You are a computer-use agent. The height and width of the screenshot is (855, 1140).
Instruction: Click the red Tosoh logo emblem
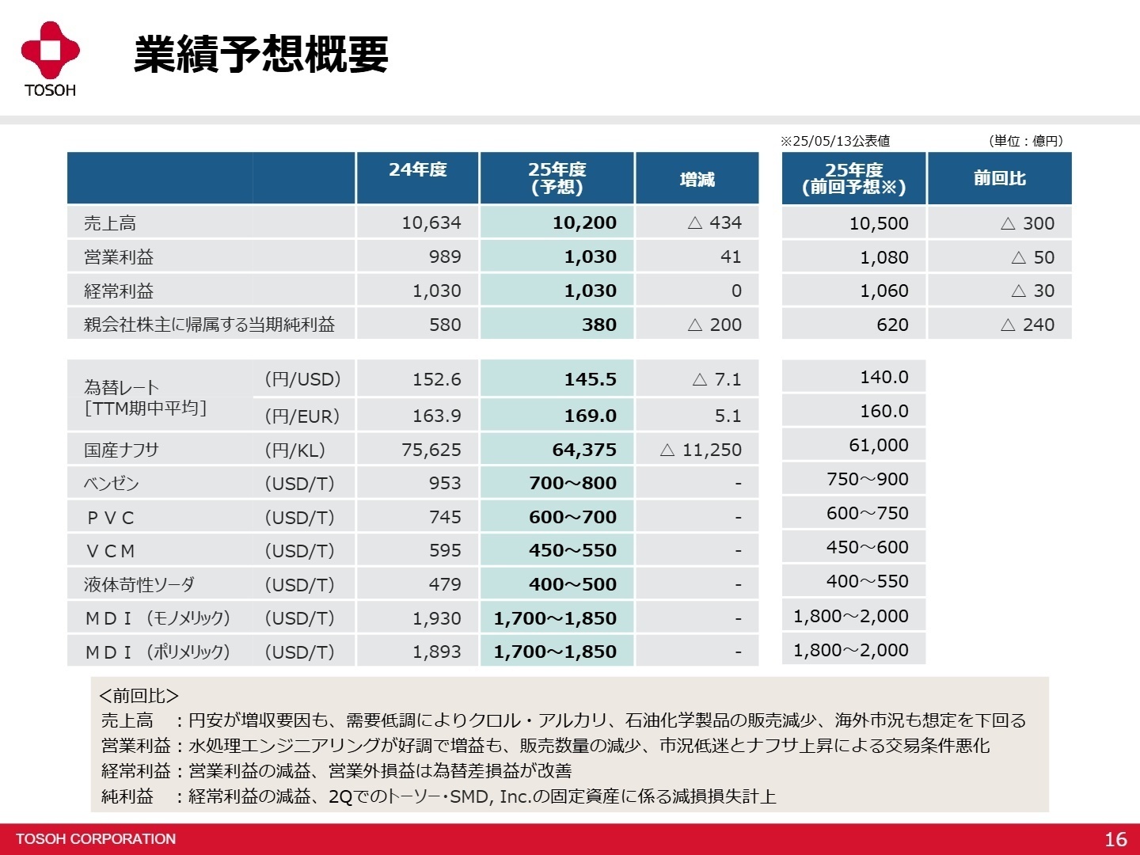pyautogui.click(x=50, y=51)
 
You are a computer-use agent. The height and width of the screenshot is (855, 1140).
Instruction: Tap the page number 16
pyautogui.click(x=1115, y=839)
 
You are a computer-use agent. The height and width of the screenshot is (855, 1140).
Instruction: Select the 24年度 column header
pyautogui.click(x=417, y=170)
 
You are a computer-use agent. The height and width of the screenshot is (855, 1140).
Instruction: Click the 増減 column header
pyautogui.click(x=697, y=180)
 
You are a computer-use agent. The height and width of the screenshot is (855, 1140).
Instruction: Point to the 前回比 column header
pyautogui.click(x=999, y=179)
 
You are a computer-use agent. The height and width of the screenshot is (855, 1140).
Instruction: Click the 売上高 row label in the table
pyautogui.click(x=110, y=223)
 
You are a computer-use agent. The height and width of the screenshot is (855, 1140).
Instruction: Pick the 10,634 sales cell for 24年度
pyautogui.click(x=431, y=223)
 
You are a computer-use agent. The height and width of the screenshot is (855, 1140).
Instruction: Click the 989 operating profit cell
pyautogui.click(x=444, y=257)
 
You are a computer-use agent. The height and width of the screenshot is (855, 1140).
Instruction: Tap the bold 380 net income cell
pyautogui.click(x=598, y=325)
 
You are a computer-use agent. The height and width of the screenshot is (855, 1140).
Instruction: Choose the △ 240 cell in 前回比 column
pyautogui.click(x=1028, y=325)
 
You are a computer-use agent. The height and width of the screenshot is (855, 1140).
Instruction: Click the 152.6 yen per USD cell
pyautogui.click(x=436, y=379)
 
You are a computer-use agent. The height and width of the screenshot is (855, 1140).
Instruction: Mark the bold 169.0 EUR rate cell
pyautogui.click(x=590, y=416)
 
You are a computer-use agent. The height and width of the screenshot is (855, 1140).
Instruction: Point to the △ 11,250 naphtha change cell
pyautogui.click(x=701, y=450)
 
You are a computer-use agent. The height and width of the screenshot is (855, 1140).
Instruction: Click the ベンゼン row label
pyautogui.click(x=112, y=484)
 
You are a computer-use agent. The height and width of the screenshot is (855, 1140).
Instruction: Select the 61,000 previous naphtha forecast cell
pyautogui.click(x=878, y=445)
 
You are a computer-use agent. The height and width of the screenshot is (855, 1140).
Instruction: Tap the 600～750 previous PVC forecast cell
pyautogui.click(x=867, y=513)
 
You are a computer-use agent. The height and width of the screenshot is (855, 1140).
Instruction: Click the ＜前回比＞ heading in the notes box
pyautogui.click(x=139, y=696)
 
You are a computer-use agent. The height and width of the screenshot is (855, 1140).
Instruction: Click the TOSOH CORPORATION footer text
pyautogui.click(x=96, y=839)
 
